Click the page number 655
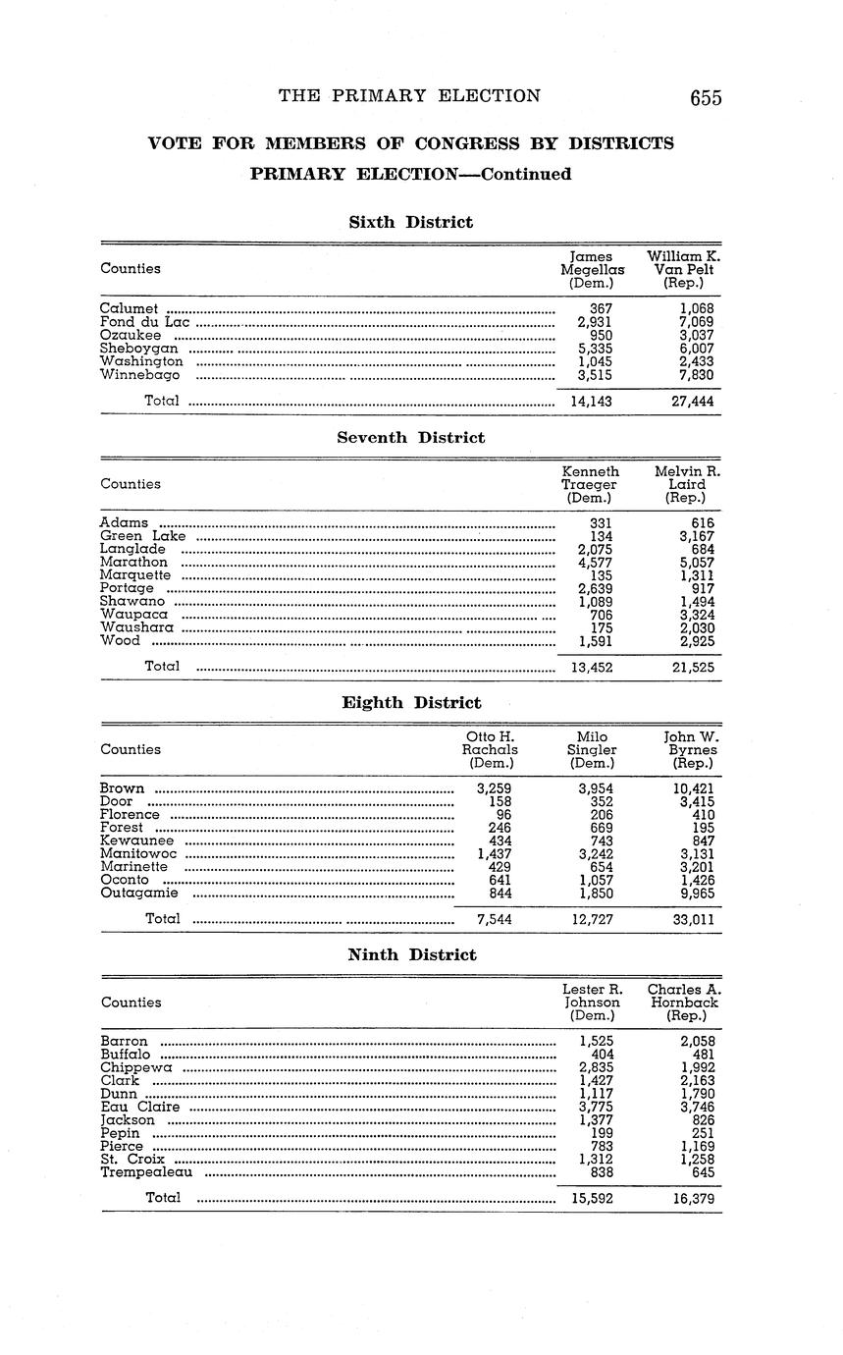click(x=705, y=97)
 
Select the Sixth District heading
click(x=410, y=222)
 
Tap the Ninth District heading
click(x=412, y=954)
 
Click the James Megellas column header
click(x=592, y=269)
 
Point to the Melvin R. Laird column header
click(x=687, y=484)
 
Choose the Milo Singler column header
click(x=592, y=749)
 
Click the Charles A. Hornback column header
click(x=684, y=1003)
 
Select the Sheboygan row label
click(x=139, y=349)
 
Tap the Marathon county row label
click(x=133, y=563)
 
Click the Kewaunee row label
click(x=136, y=840)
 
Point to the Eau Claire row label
click(x=140, y=1107)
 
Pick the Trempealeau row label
click(x=146, y=1172)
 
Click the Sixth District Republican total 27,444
click(x=693, y=401)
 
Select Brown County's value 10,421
click(x=693, y=788)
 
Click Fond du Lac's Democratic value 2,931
click(x=595, y=322)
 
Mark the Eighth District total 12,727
click(x=592, y=920)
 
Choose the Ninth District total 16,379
click(x=694, y=1199)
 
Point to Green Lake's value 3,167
click(x=697, y=536)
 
